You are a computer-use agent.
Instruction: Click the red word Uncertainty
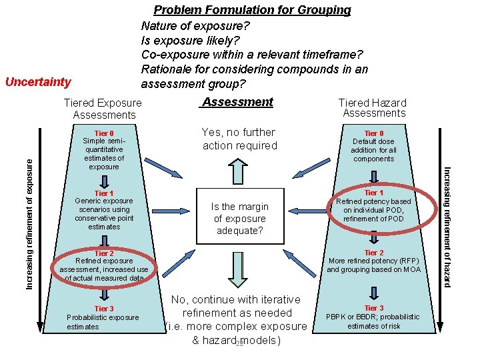pos(37,82)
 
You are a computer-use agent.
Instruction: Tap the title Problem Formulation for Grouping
pos(252,10)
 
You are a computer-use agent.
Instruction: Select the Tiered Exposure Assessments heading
pos(103,109)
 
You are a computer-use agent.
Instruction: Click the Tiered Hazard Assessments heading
pos(373,108)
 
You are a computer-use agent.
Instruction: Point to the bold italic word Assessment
pos(237,102)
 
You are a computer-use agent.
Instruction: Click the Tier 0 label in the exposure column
pos(103,133)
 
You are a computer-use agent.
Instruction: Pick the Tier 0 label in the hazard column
pos(374,133)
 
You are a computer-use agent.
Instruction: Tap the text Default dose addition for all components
pos(374,150)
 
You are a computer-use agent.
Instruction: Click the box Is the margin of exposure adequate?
pos(240,219)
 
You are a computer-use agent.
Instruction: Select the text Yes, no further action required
pos(239,139)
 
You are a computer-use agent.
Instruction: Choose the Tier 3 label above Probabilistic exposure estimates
pos(103,309)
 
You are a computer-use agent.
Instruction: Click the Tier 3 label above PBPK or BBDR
pos(374,308)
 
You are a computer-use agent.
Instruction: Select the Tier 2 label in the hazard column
pos(374,253)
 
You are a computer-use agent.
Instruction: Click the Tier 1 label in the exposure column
pos(103,193)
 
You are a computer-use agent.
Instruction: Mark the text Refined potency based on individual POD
pos(374,206)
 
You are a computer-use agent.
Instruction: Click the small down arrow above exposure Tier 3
pos(103,295)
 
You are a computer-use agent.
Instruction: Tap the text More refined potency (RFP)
pos(374,261)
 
